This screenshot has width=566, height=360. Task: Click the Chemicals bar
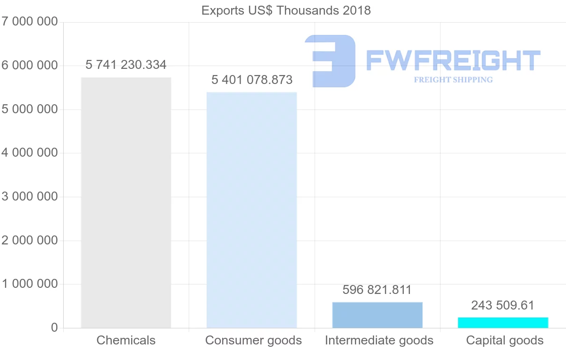(x=126, y=203)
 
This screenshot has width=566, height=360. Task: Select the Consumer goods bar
(x=252, y=210)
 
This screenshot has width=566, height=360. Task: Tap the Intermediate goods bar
(x=377, y=315)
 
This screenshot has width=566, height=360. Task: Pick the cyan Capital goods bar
(x=503, y=323)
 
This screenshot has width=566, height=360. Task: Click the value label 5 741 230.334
(x=126, y=65)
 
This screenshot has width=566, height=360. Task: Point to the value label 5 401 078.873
(x=252, y=80)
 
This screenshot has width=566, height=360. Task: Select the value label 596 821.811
(x=377, y=290)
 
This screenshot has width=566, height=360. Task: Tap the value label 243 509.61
(x=503, y=305)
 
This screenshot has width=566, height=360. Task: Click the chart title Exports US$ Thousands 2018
(x=286, y=10)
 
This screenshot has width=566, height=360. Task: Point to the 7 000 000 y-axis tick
(x=29, y=22)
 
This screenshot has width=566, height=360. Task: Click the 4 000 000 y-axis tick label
(x=29, y=153)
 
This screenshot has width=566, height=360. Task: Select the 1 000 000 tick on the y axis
(x=29, y=284)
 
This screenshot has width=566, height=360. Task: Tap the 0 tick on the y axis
(x=54, y=328)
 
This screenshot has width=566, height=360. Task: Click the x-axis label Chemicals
(x=126, y=340)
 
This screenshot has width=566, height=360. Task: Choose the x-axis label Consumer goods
(x=253, y=340)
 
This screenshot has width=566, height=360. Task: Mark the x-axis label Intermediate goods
(x=379, y=340)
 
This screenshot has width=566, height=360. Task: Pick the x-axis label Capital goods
(x=505, y=340)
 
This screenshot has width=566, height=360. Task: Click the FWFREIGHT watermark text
(x=453, y=60)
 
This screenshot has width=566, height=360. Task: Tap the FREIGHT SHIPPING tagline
(x=453, y=80)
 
